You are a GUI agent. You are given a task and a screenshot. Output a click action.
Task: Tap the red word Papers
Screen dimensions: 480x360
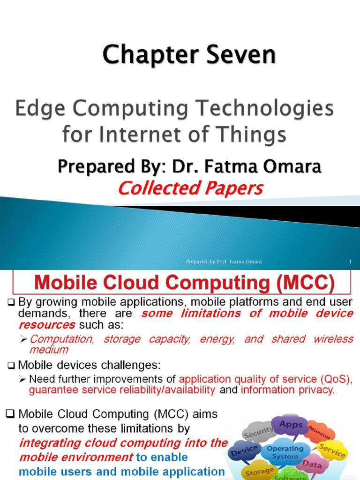point(234,188)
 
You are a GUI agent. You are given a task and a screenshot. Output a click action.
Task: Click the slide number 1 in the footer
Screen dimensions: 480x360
point(350,262)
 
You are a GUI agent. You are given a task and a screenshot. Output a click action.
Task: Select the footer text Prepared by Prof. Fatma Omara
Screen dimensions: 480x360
point(223,262)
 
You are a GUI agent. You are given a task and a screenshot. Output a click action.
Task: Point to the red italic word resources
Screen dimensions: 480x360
point(46,324)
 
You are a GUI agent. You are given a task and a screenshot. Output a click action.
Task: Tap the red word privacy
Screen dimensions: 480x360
point(315,390)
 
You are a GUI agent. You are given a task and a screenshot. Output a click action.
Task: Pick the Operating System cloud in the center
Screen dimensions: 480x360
point(285,452)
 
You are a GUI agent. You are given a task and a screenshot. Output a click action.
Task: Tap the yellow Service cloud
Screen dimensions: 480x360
point(331,450)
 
